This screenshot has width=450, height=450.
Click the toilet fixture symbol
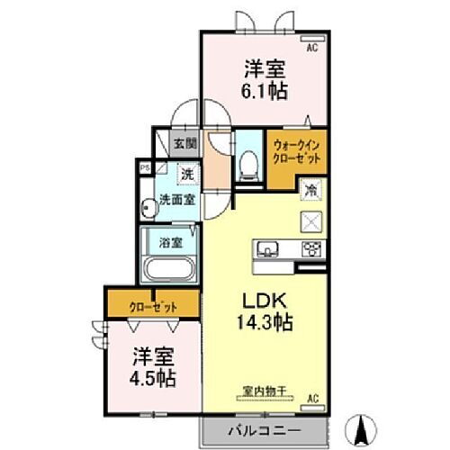[249, 164]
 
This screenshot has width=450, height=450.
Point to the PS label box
[144, 166]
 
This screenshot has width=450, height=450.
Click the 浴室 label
[170, 241]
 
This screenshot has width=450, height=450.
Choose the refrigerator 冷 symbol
[310, 190]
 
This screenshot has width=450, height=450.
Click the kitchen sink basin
[271, 250]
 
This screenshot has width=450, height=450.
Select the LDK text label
[255, 303]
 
